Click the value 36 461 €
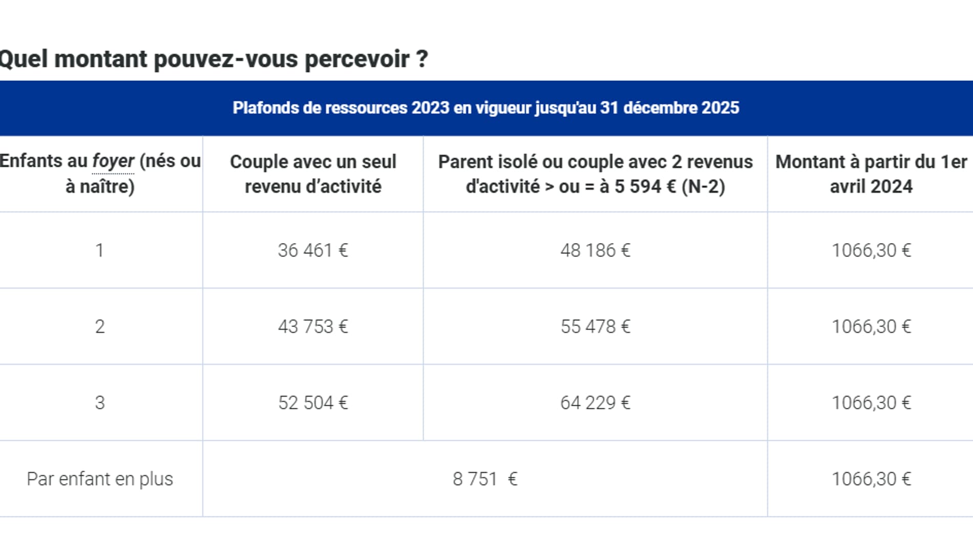coord(313,250)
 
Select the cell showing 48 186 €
coord(595,250)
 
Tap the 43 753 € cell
coord(313,326)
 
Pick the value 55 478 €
coord(595,326)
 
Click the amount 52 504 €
coord(313,403)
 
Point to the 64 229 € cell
coord(595,403)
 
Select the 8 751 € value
coord(484,479)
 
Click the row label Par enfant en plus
coord(100,479)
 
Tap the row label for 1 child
coord(100,250)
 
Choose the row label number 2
coord(100,326)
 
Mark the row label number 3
coord(100,403)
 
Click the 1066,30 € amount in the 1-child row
coord(871,250)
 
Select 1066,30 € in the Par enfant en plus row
coord(871,479)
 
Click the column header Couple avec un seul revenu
coord(313,174)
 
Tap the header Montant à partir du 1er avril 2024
coord(871,174)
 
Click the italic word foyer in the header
coord(113,161)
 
